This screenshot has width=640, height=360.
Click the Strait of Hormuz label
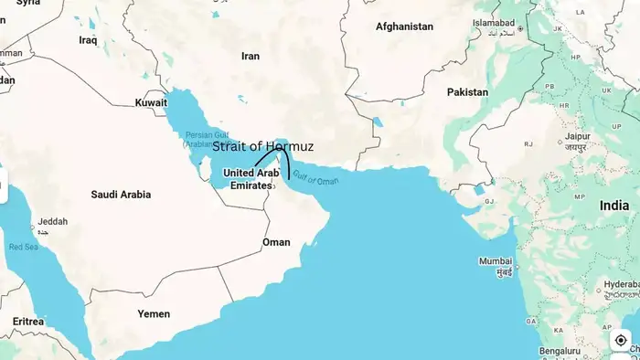coord(262,146)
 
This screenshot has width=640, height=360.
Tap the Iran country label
coord(250,56)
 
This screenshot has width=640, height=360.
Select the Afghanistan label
coord(404,26)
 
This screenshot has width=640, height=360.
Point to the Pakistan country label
coord(467,92)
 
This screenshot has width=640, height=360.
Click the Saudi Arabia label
coord(121,195)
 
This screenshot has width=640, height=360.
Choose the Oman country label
coord(276,242)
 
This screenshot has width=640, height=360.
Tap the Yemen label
coord(154,313)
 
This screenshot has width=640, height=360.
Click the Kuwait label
coord(151,102)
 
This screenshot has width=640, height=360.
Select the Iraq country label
coord(88,40)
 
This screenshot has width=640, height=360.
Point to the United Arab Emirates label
coord(251,178)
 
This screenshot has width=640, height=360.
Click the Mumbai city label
coord(496,261)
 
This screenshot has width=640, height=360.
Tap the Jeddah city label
coord(52,221)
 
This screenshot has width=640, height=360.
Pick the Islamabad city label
coord(494,21)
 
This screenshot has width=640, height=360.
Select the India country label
coord(613,206)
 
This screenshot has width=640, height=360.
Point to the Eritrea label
coord(28,322)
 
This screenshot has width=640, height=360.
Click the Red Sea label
coord(24,247)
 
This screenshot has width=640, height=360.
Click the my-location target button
coord(621,341)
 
